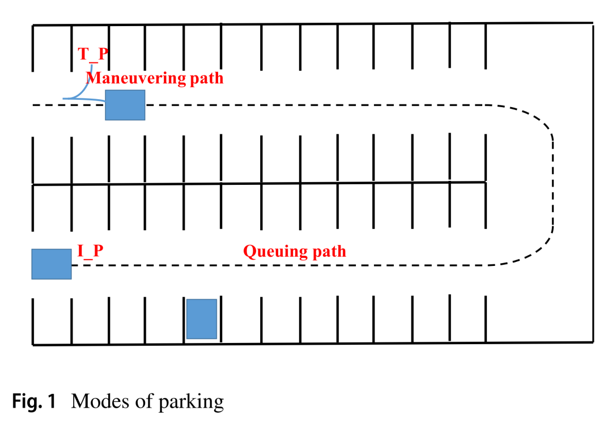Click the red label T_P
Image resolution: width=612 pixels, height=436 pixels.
pyautogui.click(x=93, y=55)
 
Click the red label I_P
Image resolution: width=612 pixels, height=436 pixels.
pyautogui.click(x=90, y=251)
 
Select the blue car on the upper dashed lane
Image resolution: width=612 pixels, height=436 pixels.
pyautogui.click(x=125, y=105)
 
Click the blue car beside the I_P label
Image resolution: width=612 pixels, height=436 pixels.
pyautogui.click(x=51, y=264)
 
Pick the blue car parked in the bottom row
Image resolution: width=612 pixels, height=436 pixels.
pyautogui.click(x=202, y=319)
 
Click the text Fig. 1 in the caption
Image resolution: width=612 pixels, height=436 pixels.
pyautogui.click(x=35, y=401)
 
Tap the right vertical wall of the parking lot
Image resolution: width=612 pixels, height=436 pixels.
pyautogui.click(x=593, y=181)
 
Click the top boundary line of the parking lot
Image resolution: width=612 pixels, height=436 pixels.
pyautogui.click(x=312, y=24)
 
